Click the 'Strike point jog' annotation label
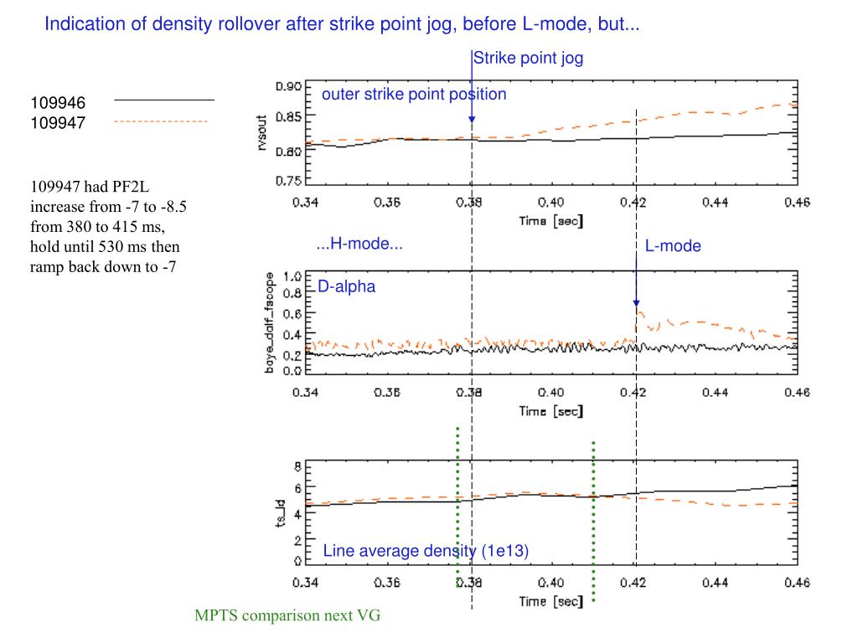(x=528, y=59)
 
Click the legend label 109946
(x=59, y=103)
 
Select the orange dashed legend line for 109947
(x=160, y=121)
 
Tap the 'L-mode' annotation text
(x=673, y=246)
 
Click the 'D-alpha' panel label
(x=346, y=287)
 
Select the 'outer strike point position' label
(x=414, y=94)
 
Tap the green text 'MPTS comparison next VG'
(x=287, y=616)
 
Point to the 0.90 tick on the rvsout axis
(x=289, y=86)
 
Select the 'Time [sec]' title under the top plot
(x=551, y=221)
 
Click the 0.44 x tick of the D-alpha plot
(x=716, y=393)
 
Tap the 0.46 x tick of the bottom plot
(x=797, y=583)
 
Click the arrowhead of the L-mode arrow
(x=636, y=303)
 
